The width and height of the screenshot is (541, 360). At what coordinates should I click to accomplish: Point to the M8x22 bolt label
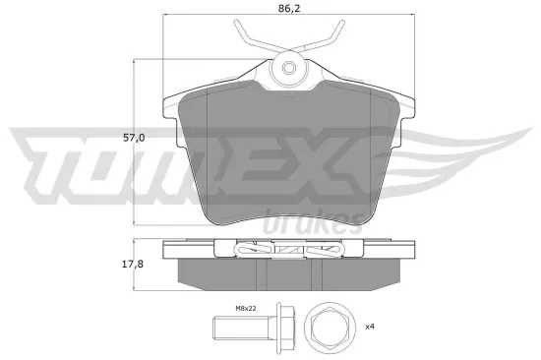coord(245,308)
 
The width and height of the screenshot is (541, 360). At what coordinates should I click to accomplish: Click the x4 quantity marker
coord(372,327)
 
